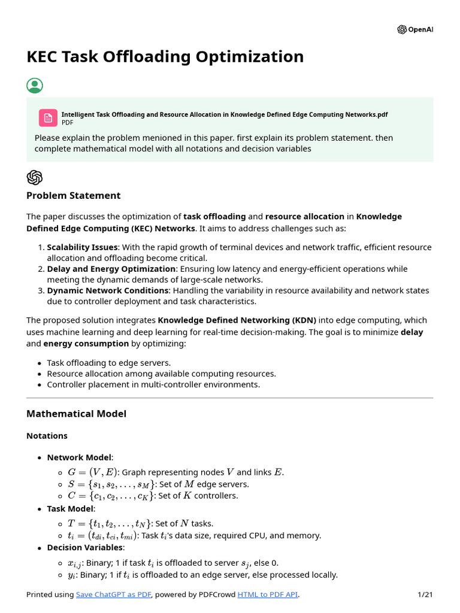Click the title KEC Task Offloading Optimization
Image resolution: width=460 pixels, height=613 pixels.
click(x=165, y=57)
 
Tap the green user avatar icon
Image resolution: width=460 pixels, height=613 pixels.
click(x=35, y=86)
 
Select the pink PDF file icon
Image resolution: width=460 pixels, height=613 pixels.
click(x=48, y=117)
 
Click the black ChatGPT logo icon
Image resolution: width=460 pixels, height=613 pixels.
click(x=35, y=177)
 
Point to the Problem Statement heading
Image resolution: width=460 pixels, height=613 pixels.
click(x=73, y=195)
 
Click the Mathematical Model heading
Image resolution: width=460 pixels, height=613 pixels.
click(x=76, y=414)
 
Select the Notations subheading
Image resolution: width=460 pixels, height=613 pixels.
click(x=47, y=436)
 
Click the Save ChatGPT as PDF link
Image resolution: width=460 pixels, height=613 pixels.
click(x=113, y=594)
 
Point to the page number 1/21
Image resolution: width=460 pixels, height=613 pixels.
click(x=425, y=594)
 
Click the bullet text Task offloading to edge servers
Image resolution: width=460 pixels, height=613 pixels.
click(x=108, y=363)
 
